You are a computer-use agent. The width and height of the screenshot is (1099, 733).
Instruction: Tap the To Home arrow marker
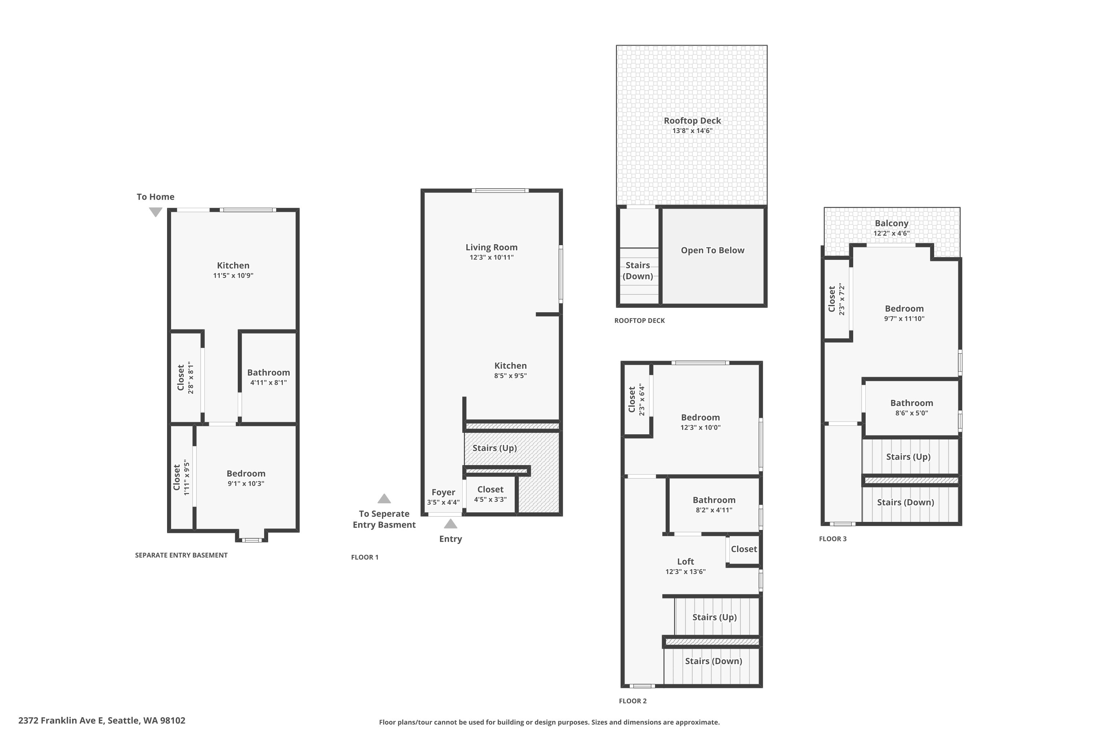coord(156,212)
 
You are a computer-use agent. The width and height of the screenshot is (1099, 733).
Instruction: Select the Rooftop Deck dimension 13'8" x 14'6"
coord(692,131)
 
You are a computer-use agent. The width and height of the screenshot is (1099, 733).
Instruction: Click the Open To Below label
coord(712,250)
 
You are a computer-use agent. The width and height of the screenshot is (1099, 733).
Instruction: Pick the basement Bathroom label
coord(268,373)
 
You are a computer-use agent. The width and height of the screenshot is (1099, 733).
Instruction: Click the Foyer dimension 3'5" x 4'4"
coord(443,502)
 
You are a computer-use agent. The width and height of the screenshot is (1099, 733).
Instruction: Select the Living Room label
coord(491,247)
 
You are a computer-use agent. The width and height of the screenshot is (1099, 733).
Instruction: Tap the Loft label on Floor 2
coord(685,561)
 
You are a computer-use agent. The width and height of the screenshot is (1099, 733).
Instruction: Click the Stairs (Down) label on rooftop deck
coord(637,271)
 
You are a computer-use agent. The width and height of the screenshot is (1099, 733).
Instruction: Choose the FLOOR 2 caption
coord(633,701)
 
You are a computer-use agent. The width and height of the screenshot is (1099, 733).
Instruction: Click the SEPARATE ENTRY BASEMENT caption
coord(181,555)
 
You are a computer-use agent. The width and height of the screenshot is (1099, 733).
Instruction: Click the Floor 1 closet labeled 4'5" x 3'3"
coord(490,494)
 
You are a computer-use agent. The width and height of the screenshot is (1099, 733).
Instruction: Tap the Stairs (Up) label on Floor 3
coord(908,457)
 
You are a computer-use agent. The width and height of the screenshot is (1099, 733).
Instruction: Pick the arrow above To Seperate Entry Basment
coord(384,499)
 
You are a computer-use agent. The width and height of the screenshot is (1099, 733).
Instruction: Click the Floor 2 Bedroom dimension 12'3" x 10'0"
coord(700,428)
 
